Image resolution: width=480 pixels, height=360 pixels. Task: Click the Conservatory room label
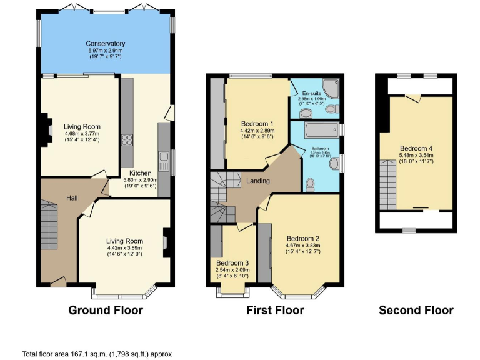coord(105,44)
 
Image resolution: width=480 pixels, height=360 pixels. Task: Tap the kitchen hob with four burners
coord(127,141)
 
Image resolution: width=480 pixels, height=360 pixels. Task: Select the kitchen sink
coord(164,162)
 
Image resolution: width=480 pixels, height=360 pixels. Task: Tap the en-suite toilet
coord(306,113)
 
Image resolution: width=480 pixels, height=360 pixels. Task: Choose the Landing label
coord(257,181)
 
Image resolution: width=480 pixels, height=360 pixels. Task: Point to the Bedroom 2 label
coord(303,238)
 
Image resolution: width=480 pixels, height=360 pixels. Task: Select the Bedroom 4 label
coord(416,148)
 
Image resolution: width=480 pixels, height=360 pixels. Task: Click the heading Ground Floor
coord(105,311)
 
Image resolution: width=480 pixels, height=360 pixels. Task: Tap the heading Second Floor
coord(416,311)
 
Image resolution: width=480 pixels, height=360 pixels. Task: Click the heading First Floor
coord(276,311)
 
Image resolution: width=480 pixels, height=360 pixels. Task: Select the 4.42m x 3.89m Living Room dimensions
coord(124,248)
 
